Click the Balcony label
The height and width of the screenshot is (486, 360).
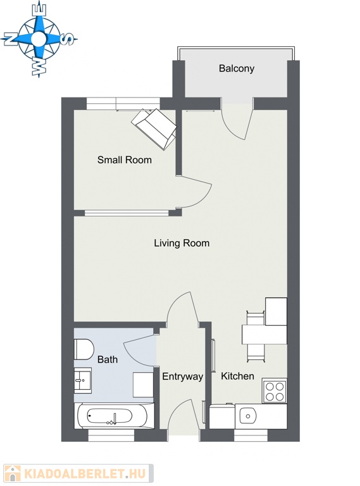(237, 68)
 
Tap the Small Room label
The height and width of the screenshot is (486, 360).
(125, 160)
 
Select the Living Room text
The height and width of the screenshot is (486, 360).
(182, 243)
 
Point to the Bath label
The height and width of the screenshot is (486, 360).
(108, 359)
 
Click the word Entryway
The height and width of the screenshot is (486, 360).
(182, 377)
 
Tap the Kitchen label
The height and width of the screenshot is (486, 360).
(237, 376)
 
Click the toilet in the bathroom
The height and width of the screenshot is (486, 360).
(84, 349)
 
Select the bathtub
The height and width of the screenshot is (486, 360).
(114, 416)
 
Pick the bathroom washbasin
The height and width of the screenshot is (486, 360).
(82, 380)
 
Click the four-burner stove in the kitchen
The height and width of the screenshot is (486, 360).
(275, 391)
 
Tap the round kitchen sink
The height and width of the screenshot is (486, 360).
(248, 416)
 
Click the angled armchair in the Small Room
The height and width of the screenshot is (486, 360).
(154, 129)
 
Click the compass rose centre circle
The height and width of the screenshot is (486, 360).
(39, 39)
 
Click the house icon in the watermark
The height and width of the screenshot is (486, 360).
(13, 473)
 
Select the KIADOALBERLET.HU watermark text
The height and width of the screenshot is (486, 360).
(85, 474)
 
